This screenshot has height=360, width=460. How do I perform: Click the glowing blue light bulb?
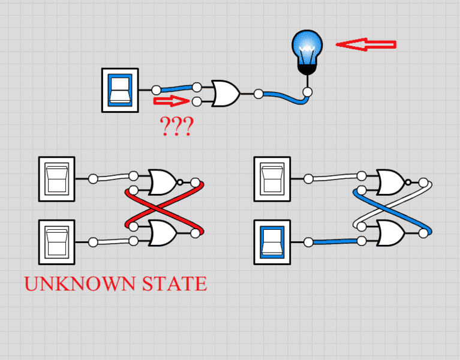tap(307, 52)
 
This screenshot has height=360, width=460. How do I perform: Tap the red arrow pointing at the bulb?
tap(366, 44)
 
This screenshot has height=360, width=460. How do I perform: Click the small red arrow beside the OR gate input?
tap(172, 101)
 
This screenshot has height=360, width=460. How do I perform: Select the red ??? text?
tap(176, 126)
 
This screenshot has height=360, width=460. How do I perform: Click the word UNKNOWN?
tap(80, 284)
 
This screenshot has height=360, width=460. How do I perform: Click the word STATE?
tap(175, 284)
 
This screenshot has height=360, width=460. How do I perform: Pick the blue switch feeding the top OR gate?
tap(120, 90)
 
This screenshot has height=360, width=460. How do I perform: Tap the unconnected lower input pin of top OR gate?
tap(197, 102)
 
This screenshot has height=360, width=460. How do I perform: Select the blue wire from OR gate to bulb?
tap(284, 98)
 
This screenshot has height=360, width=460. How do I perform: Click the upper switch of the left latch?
tap(56, 179)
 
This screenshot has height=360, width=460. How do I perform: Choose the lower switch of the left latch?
tap(56, 242)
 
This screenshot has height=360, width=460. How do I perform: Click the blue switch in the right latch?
tap(272, 242)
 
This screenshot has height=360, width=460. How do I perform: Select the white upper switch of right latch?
tap(272, 179)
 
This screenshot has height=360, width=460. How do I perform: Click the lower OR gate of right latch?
tap(391, 233)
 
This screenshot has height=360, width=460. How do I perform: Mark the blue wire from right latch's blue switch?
tap(335, 242)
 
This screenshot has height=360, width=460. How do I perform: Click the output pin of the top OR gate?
tap(258, 94)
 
